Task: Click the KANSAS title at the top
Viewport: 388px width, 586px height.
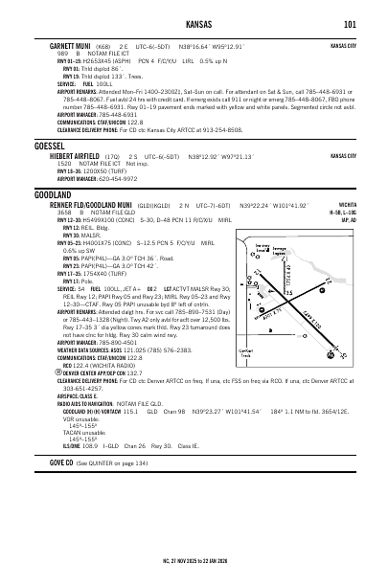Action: click(x=194, y=24)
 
